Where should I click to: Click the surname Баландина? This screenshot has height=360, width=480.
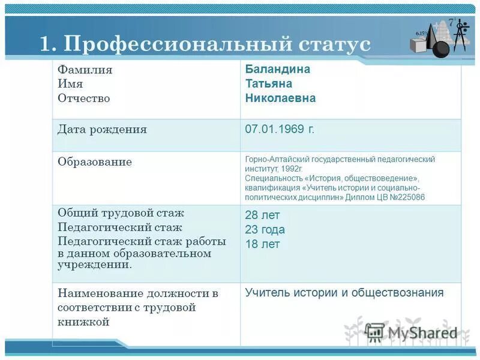277,69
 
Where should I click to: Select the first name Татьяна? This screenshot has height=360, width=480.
269,83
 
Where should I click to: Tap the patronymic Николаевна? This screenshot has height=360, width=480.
280,98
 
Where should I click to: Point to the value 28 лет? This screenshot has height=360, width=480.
262,215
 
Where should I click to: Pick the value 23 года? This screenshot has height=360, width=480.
265,230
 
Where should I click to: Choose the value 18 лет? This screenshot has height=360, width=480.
262,244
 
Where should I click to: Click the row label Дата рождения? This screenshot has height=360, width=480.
102,130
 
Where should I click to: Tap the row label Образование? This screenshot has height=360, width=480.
95,162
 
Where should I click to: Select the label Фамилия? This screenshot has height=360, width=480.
85,70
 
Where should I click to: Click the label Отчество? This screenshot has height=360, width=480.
84,98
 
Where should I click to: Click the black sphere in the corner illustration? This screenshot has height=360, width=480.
440,49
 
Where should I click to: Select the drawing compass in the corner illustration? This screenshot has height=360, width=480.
460,35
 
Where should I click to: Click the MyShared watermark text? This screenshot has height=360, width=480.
422,333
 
